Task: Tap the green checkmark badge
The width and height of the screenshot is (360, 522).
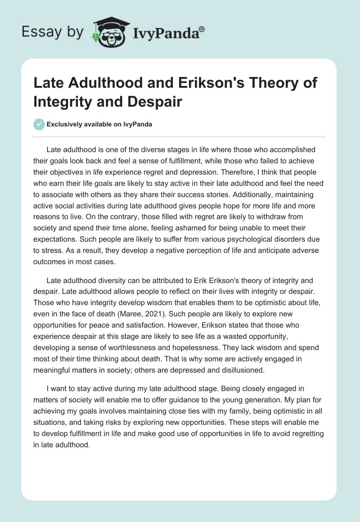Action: coord(40,124)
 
